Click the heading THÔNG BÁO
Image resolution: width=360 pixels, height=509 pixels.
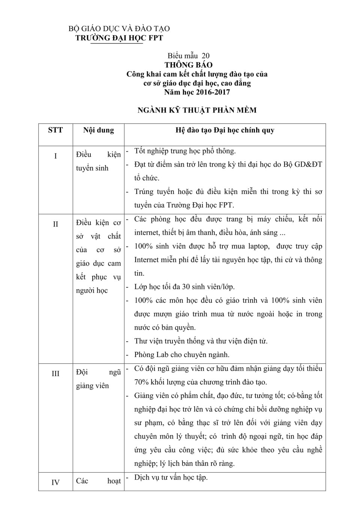(188, 65)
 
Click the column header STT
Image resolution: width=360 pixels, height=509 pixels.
(55, 130)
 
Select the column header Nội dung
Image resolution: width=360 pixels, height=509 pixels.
(98, 130)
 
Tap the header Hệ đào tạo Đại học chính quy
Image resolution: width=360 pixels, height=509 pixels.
(225, 130)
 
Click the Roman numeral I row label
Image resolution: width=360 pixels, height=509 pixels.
(55, 156)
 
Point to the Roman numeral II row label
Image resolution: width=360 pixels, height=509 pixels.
(55, 224)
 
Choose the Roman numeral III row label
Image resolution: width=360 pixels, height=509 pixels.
(55, 374)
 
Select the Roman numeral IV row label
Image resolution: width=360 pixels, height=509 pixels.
(55, 482)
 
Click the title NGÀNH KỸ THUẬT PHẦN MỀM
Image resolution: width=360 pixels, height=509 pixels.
(197, 110)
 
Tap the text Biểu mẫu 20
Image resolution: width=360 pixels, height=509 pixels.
(188, 56)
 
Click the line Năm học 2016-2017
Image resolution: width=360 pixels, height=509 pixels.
(197, 92)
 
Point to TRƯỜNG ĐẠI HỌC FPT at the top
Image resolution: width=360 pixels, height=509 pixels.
(119, 38)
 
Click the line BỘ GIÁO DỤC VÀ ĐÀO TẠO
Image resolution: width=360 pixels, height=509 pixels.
(119, 29)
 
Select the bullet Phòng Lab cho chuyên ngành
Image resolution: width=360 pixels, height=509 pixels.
(182, 354)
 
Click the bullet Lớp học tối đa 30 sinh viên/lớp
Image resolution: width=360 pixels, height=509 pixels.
(184, 287)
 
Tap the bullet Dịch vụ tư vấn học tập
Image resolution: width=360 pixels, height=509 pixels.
(171, 477)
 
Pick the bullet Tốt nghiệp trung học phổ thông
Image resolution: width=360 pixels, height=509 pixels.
(185, 151)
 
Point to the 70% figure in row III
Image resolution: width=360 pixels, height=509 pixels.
(142, 382)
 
